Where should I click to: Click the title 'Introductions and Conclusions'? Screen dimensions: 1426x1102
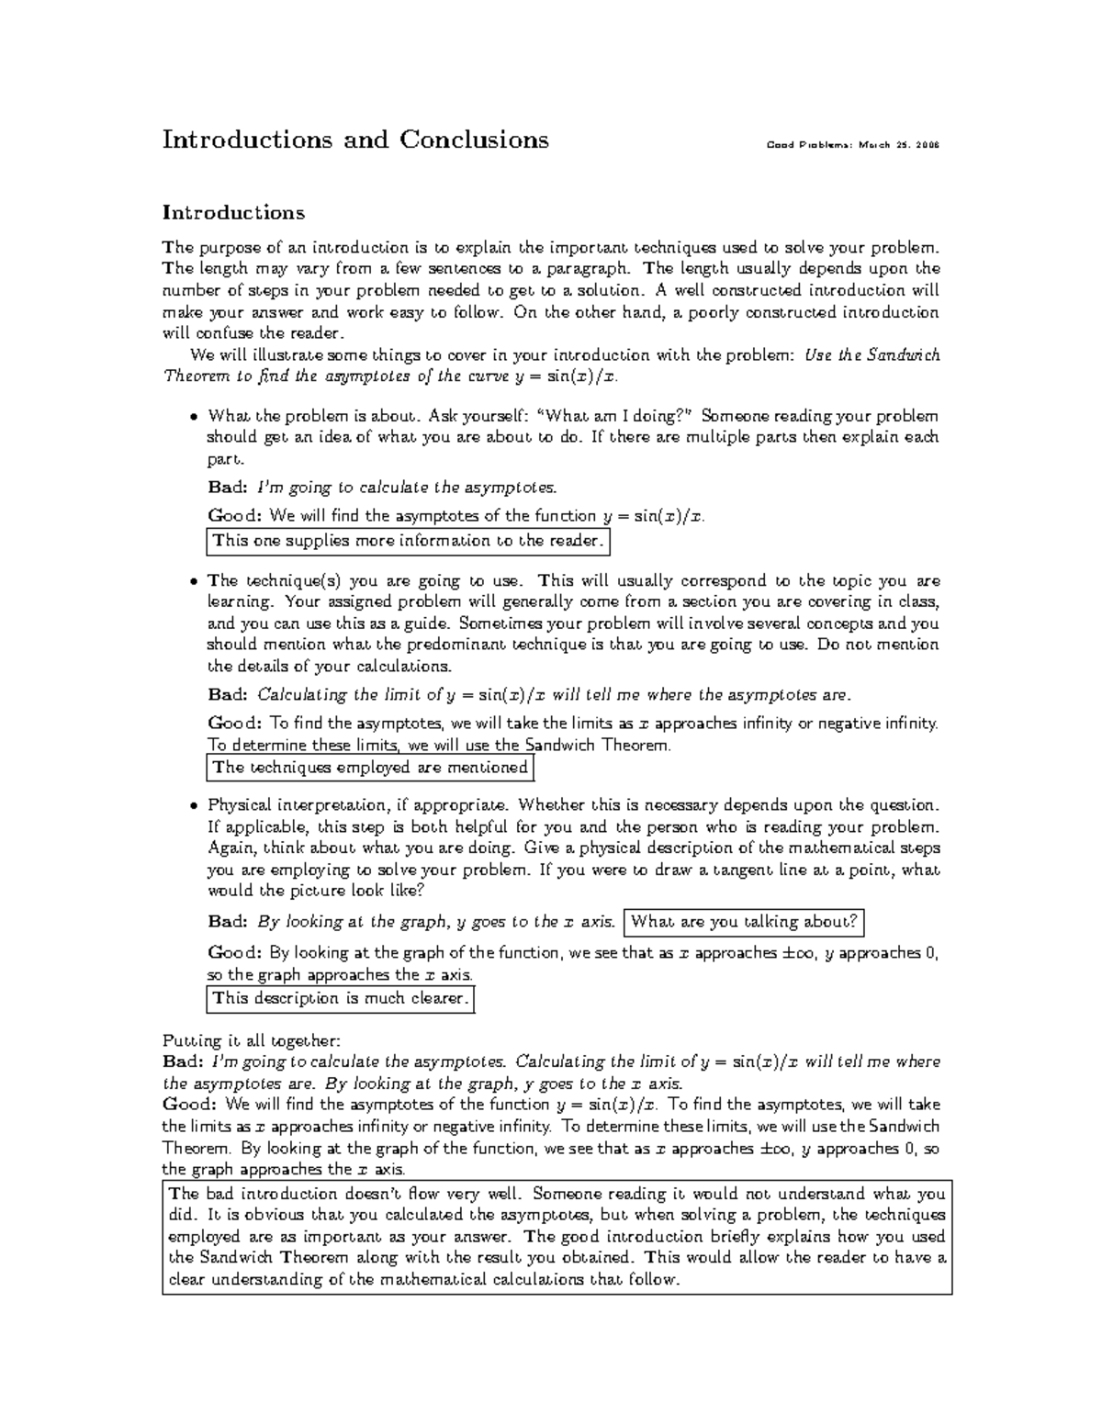355,140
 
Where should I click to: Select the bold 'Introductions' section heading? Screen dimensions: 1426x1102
233,213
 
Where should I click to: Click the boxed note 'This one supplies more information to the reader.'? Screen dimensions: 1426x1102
409,541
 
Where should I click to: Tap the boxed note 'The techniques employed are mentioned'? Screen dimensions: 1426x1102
370,768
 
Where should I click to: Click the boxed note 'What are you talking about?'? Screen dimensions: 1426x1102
744,921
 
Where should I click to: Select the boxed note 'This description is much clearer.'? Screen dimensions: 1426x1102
341,998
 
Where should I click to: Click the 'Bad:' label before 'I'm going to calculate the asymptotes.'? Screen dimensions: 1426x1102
228,487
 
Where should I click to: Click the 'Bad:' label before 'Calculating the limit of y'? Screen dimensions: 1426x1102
228,694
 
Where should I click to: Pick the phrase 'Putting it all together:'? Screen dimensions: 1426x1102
251,1040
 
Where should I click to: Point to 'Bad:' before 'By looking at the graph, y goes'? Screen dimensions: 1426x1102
228,921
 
